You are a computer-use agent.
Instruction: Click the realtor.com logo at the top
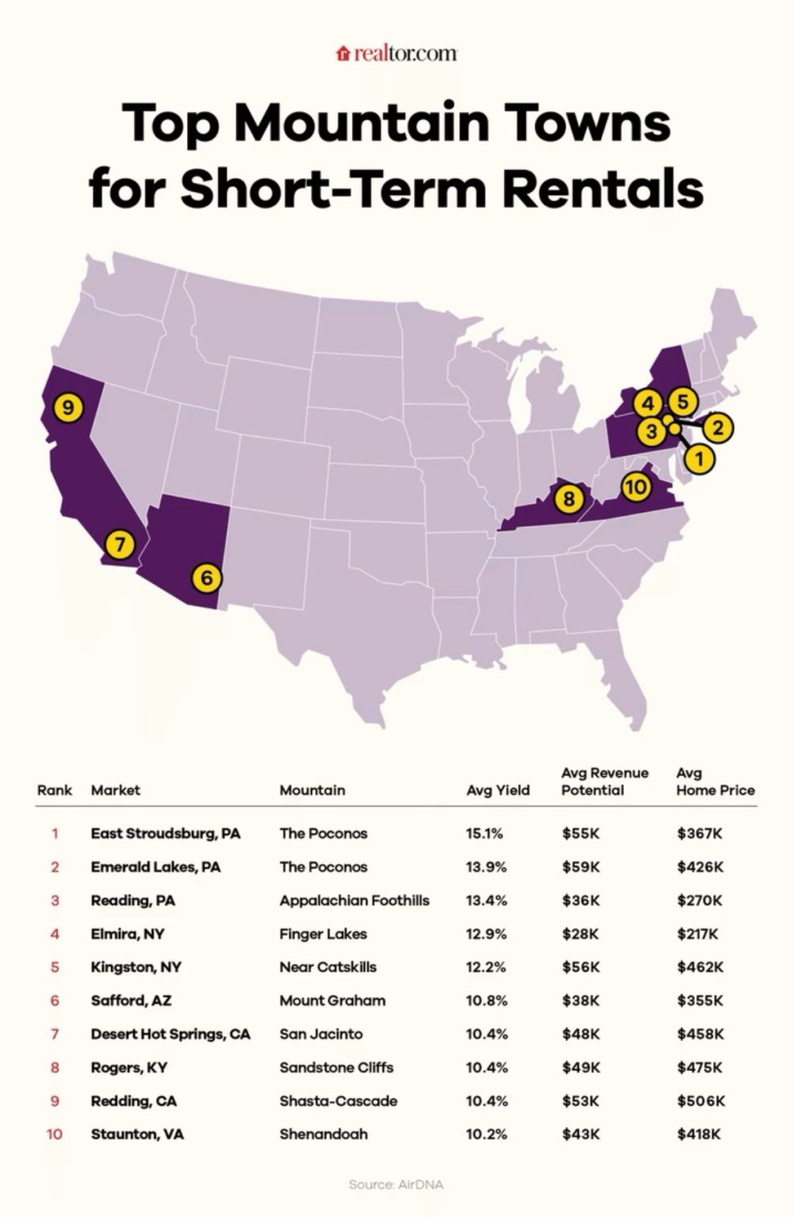(397, 53)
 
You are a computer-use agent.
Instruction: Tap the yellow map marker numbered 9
(69, 408)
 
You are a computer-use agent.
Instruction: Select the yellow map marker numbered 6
(206, 578)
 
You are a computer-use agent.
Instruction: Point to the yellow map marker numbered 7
(120, 544)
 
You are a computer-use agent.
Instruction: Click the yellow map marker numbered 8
(569, 499)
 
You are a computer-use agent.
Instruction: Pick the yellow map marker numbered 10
(635, 486)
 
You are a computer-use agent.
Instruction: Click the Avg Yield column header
(498, 790)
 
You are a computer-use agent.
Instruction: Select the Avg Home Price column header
(715, 781)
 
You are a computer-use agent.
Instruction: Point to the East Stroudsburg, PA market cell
(166, 834)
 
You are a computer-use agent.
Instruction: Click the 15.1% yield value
(484, 834)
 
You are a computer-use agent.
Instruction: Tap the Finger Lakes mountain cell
(323, 933)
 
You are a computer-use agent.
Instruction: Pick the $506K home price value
(700, 1101)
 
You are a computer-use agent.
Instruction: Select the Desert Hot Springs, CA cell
(170, 1034)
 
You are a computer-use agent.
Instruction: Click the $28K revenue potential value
(581, 933)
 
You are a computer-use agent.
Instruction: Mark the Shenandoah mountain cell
(323, 1134)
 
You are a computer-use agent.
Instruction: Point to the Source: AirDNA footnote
(396, 1185)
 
